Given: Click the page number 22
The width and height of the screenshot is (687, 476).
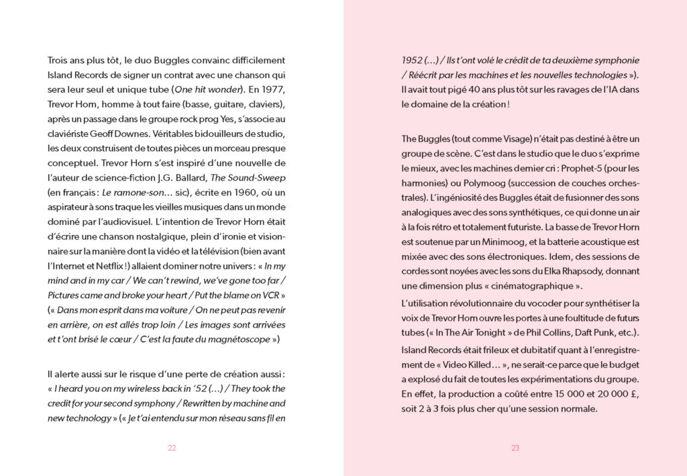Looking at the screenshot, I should (172, 448).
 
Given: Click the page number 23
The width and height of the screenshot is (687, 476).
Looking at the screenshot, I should (515, 448).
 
